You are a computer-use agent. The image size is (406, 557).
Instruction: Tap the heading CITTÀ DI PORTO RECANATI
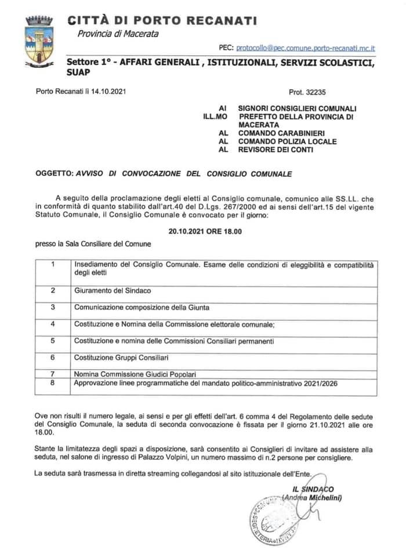tap(162, 21)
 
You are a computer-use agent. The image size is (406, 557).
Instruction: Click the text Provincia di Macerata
tap(118, 34)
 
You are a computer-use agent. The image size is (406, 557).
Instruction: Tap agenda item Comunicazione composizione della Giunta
tap(142, 307)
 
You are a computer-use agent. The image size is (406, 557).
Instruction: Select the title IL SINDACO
tap(313, 489)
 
